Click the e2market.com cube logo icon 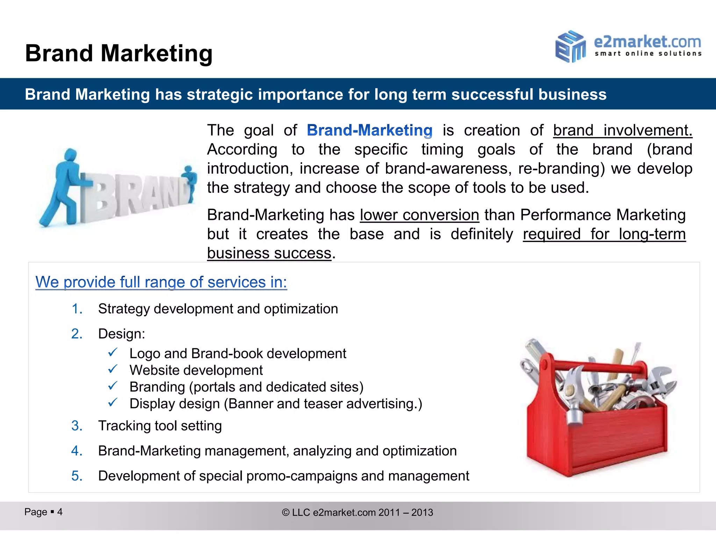(570, 46)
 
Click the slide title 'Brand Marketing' (119, 53)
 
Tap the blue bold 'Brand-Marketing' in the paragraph (370, 130)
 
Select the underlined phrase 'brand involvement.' (622, 130)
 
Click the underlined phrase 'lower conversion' (419, 215)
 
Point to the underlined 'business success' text (269, 253)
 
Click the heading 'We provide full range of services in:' (161, 282)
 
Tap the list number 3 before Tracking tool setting (77, 426)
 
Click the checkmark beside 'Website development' (113, 369)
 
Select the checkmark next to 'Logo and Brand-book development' (113, 352)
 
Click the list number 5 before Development (77, 476)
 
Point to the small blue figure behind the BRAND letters (190, 182)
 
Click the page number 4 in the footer (60, 512)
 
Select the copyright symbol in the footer (286, 513)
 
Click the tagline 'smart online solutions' (648, 54)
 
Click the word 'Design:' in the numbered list (121, 334)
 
